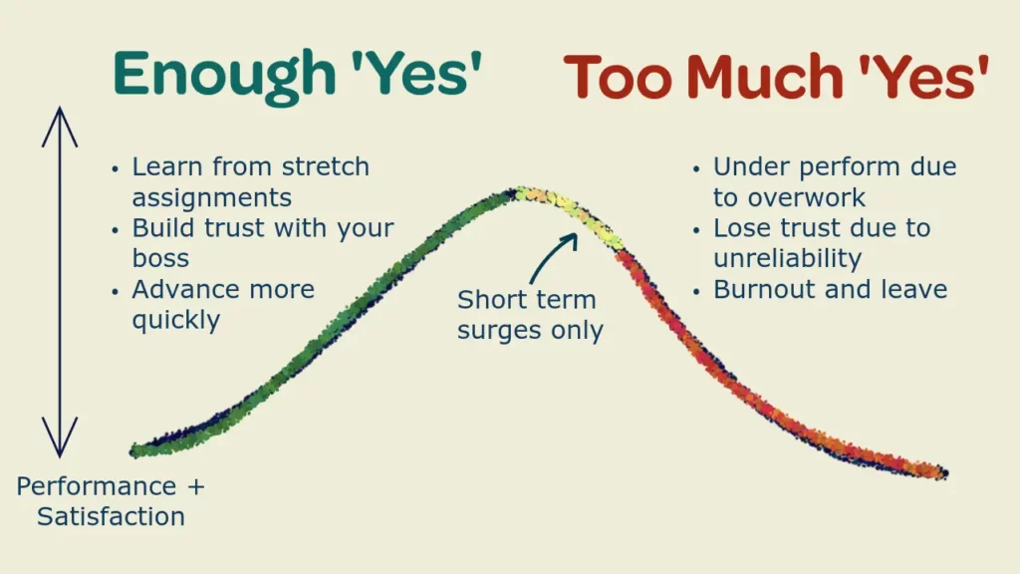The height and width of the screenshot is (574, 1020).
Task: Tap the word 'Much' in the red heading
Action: (765, 77)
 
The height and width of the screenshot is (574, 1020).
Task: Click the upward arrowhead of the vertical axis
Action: (60, 126)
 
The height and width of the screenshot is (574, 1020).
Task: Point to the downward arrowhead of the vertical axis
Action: (60, 437)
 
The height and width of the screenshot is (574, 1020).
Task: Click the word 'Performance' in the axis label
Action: (97, 486)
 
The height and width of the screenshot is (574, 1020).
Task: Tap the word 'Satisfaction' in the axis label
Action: (111, 517)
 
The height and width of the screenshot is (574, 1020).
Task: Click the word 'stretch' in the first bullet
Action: (326, 166)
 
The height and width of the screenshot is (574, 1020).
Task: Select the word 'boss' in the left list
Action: (160, 258)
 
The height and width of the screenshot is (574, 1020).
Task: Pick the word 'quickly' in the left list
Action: (175, 320)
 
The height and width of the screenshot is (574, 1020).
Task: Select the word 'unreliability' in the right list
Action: (787, 258)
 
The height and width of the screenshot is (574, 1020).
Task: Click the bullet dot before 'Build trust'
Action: (116, 230)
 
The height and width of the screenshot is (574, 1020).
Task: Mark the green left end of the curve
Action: (134, 450)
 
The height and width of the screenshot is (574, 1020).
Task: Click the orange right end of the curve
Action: (942, 473)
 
